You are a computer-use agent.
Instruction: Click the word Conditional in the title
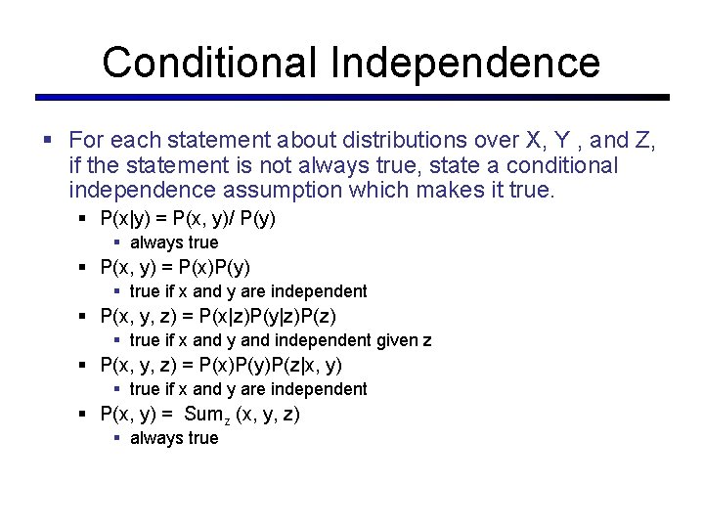click(x=210, y=62)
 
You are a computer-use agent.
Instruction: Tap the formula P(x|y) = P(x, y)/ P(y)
click(x=188, y=217)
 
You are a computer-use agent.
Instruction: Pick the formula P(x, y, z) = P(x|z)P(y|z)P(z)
click(x=225, y=315)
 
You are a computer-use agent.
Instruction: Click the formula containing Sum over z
click(x=199, y=414)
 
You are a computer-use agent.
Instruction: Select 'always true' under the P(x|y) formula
click(x=174, y=242)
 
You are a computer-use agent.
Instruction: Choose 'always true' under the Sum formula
click(x=174, y=438)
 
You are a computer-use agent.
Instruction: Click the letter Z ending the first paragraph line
click(x=645, y=141)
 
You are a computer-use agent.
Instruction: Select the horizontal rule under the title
click(x=352, y=97)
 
